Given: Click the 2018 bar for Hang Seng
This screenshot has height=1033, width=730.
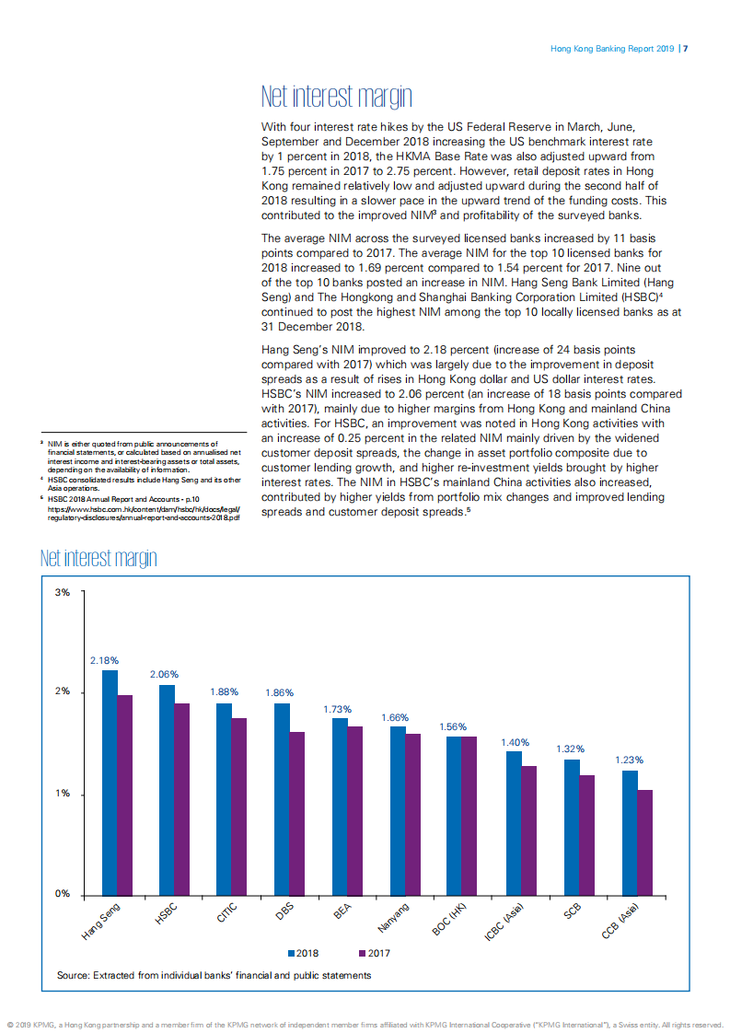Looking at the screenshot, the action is tap(110, 783).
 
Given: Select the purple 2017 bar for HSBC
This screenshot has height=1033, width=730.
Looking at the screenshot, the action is tap(182, 800).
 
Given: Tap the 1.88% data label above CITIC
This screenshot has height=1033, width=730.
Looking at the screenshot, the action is tap(224, 691).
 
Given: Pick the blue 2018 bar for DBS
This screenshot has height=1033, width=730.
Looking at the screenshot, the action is tap(282, 800).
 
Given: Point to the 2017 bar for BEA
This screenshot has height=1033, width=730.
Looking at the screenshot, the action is tap(355, 811).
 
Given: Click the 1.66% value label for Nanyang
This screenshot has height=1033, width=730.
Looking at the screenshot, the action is tap(395, 717).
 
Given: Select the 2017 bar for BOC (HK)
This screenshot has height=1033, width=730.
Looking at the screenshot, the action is tap(469, 817).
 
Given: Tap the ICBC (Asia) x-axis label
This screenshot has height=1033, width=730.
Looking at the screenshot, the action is tap(505, 923).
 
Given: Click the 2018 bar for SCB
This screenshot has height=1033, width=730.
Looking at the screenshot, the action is tap(572, 828).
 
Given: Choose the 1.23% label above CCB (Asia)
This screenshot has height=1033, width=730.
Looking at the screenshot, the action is tap(629, 760).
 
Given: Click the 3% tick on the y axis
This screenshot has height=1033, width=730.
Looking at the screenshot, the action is tap(63, 592).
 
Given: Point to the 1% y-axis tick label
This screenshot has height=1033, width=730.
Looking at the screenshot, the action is tap(63, 794).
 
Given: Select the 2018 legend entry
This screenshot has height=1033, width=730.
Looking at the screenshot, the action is tap(303, 953).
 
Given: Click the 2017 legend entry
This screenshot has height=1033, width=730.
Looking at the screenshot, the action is tap(375, 953).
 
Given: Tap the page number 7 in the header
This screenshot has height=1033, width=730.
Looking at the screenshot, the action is tap(686, 48).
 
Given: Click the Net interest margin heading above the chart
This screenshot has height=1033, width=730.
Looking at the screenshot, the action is tap(98, 559).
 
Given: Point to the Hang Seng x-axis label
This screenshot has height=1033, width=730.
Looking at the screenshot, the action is tap(101, 922).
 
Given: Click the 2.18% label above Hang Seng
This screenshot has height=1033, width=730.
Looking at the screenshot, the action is tap(105, 660).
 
